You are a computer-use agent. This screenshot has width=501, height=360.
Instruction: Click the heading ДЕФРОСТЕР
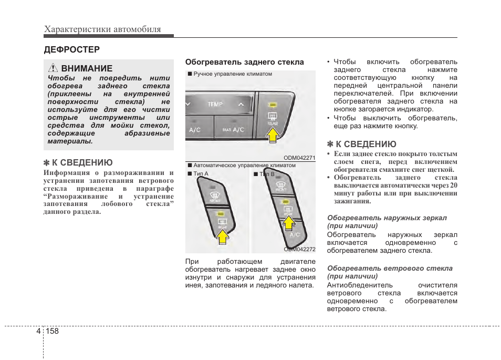tap(71, 49)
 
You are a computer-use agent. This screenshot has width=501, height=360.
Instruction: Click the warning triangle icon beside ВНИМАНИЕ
tap(53, 68)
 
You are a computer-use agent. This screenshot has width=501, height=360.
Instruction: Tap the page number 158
tap(52, 332)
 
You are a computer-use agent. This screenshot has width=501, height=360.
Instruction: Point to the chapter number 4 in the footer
tap(39, 332)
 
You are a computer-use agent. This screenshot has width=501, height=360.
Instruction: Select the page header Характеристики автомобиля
tap(102, 29)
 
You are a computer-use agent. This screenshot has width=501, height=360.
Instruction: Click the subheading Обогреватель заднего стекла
tap(244, 62)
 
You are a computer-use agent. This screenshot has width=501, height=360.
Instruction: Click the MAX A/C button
tap(233, 129)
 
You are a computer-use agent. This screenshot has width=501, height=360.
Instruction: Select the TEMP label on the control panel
tap(215, 105)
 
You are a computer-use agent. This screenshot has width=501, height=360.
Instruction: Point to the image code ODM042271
tap(299, 157)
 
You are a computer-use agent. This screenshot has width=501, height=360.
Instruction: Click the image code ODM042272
tap(299, 249)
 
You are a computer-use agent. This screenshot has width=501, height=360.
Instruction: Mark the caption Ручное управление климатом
tap(233, 74)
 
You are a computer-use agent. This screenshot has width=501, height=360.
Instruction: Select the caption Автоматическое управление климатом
tap(244, 165)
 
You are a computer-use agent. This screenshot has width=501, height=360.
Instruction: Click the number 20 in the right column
tap(453, 185)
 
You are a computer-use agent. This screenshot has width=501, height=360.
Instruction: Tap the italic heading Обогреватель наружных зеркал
tap(387, 218)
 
